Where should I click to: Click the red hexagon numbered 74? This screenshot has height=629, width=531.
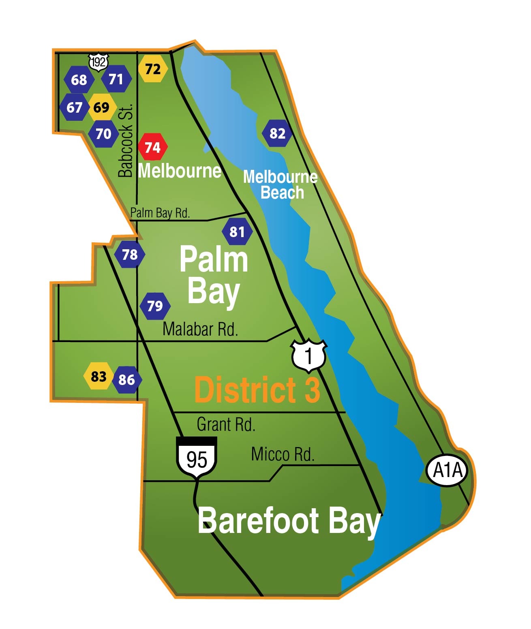pos(152,147)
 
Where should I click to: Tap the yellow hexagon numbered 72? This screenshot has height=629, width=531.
pos(153,69)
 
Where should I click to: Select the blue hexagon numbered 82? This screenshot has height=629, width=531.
pos(277,133)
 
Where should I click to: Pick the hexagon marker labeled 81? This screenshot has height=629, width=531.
pos(237,232)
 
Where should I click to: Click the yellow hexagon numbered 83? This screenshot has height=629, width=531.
pos(98,377)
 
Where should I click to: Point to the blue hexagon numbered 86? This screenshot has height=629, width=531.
pos(127,380)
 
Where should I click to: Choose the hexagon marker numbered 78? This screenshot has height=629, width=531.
pos(130,255)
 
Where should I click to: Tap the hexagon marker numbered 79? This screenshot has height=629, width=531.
pos(155,306)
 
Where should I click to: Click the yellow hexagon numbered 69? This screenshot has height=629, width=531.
pos(101,107)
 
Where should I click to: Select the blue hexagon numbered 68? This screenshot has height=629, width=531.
pos(79,80)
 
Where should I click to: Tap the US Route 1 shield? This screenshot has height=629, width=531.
pos(309,355)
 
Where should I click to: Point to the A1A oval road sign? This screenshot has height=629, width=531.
pos(447,470)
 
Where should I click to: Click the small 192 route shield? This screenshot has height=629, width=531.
pos(98,62)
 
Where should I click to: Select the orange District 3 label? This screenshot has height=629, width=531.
pos(257,390)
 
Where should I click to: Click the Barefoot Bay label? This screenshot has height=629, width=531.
pos(289,522)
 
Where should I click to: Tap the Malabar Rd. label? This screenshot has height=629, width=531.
pos(200,329)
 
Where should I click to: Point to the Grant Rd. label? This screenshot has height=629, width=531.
pos(226,424)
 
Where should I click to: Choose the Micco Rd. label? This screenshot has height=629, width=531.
pos(283,454)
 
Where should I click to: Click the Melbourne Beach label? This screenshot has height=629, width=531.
pos(280,184)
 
